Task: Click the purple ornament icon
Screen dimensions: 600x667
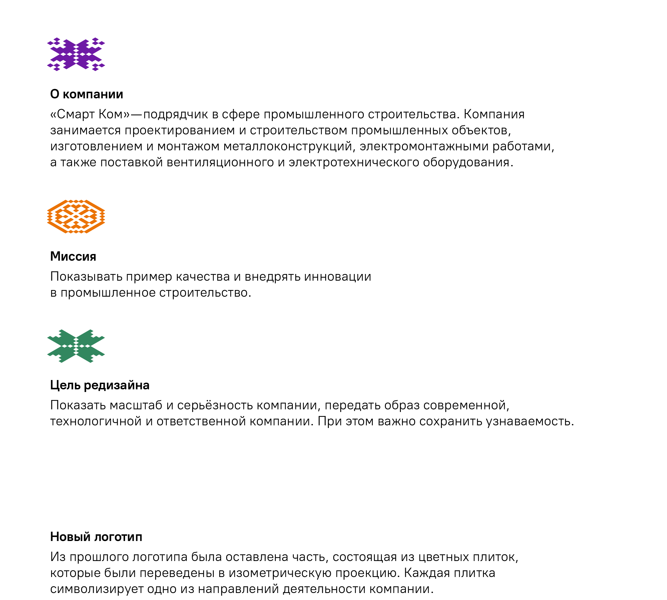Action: pyautogui.click(x=76, y=54)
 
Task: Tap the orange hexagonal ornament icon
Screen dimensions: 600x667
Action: pyautogui.click(x=76, y=217)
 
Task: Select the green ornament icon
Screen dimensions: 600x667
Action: pyautogui.click(x=76, y=346)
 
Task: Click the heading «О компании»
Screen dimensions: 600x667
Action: pyautogui.click(x=87, y=94)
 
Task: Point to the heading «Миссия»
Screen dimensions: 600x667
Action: pyautogui.click(x=73, y=256)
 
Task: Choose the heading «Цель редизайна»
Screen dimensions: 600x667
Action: pyautogui.click(x=100, y=385)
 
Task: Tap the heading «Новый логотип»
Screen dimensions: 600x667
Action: pyautogui.click(x=96, y=537)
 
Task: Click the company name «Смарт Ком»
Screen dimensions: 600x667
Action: pyautogui.click(x=90, y=114)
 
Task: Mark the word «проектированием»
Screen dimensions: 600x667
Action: pyautogui.click(x=180, y=130)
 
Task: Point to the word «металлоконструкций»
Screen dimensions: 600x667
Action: pyautogui.click(x=288, y=146)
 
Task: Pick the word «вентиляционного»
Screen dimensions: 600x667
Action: pyautogui.click(x=220, y=162)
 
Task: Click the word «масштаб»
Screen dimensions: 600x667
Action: pyautogui.click(x=136, y=405)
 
